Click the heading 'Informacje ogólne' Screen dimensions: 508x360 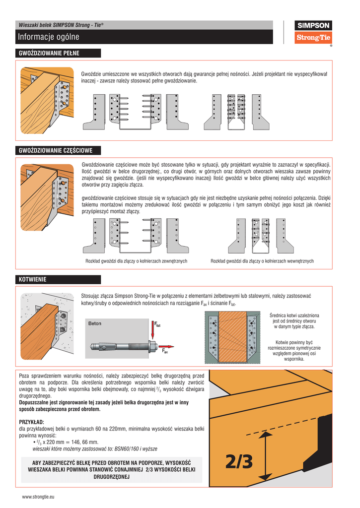click(49, 37)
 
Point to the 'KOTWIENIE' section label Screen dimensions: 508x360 click(33, 280)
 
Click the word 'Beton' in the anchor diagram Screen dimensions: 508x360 click(95, 323)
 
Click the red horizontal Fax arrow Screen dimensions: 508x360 click(166, 346)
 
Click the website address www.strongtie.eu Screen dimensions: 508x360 click(38, 496)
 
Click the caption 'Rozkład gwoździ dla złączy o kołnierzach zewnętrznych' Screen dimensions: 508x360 click(136, 261)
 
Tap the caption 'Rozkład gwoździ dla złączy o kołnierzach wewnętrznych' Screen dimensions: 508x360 click(262, 261)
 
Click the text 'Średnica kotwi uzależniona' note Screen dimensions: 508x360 click(294, 316)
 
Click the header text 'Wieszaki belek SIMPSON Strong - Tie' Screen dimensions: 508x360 click(61, 25)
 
